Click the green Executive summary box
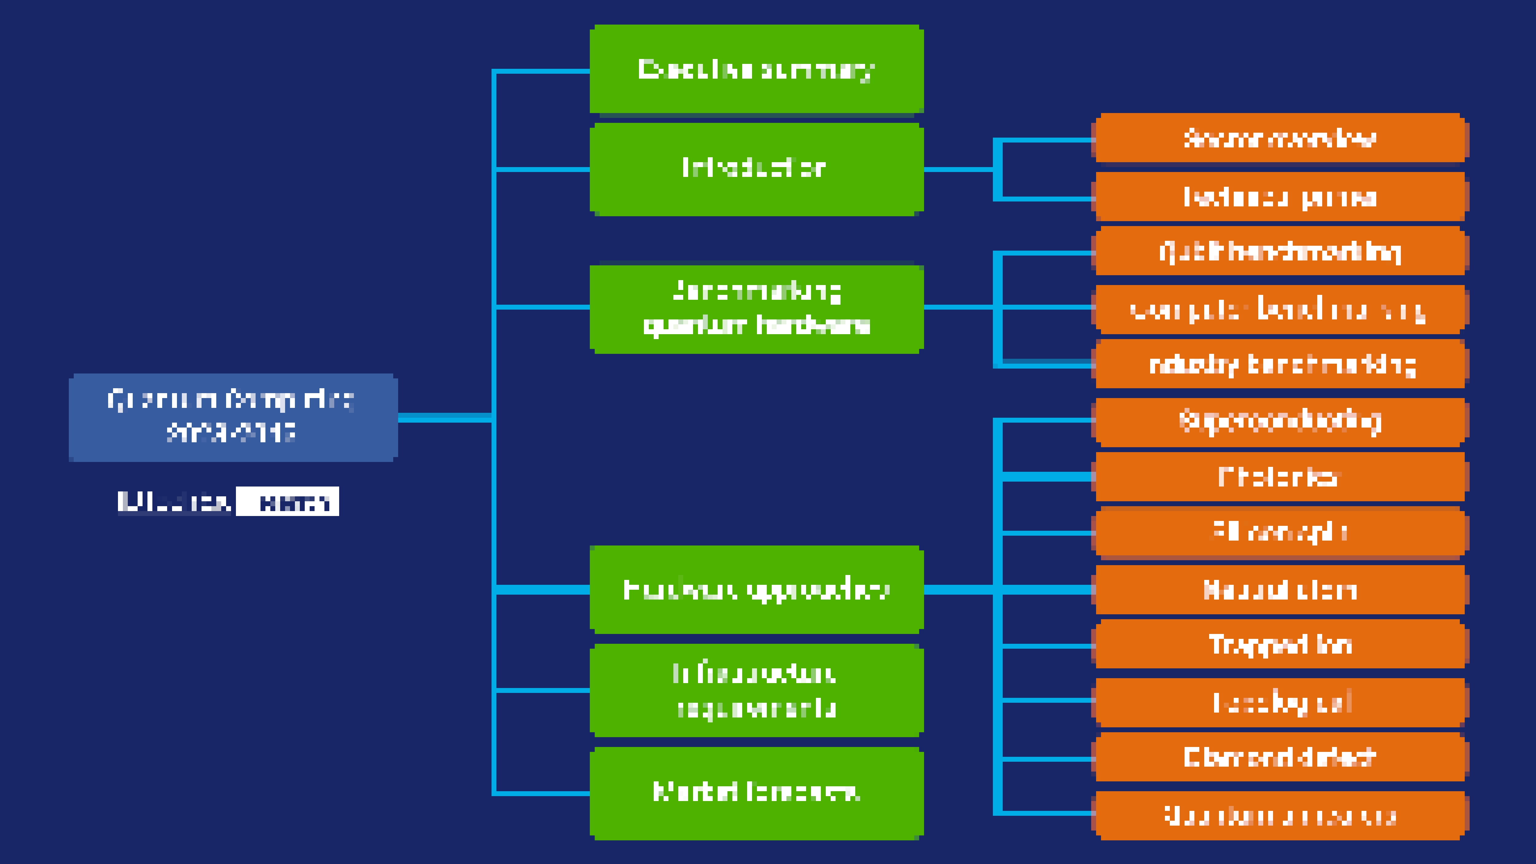[x=756, y=69]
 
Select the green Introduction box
[x=756, y=169]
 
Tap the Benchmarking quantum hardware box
[x=756, y=308]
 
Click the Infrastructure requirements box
[x=756, y=690]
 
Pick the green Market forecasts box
[x=756, y=793]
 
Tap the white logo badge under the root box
[x=288, y=502]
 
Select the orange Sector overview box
[x=1279, y=138]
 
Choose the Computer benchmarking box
[x=1279, y=310]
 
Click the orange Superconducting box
[x=1279, y=422]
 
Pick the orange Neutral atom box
[x=1279, y=590]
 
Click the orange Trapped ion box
[x=1279, y=644]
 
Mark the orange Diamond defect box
[x=1279, y=757]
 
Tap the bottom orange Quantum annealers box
[x=1279, y=815]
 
